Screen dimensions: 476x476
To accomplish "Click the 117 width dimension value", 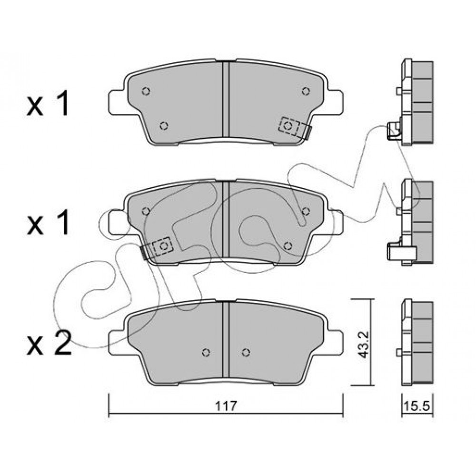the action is (226, 406).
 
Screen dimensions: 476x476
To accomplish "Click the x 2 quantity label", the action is (49, 343).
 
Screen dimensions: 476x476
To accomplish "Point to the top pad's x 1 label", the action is (48, 104).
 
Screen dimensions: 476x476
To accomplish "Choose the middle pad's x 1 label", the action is (48, 224).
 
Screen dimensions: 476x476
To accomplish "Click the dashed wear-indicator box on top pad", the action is (289, 126).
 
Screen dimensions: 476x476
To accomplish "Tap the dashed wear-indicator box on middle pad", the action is (163, 246).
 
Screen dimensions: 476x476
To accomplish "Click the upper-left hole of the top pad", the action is (146, 91).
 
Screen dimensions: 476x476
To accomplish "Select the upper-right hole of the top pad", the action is (306, 91).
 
